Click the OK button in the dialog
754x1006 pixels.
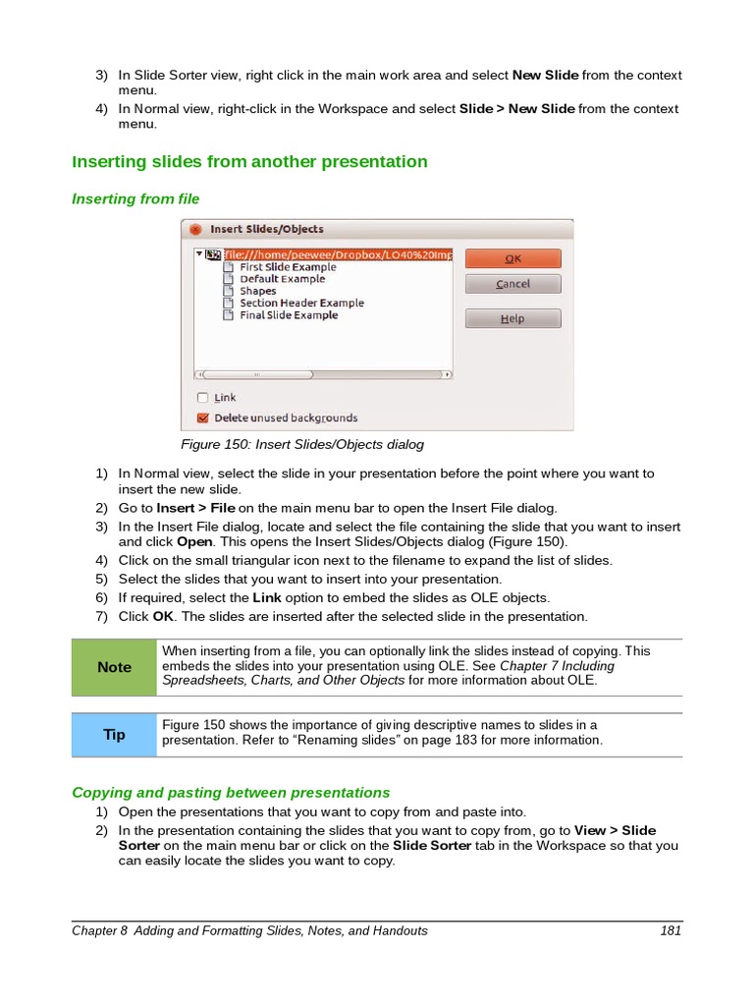pyautogui.click(x=512, y=258)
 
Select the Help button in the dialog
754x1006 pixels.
pyautogui.click(x=512, y=319)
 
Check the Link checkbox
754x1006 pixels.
pyautogui.click(x=203, y=398)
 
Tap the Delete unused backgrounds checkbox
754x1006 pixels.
pyautogui.click(x=203, y=418)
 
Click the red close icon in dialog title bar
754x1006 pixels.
pyautogui.click(x=195, y=229)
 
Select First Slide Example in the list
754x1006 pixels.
pyautogui.click(x=287, y=267)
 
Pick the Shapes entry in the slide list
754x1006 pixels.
pyautogui.click(x=257, y=291)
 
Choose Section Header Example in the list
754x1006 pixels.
pyautogui.click(x=300, y=304)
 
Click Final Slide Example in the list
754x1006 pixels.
pyautogui.click(x=288, y=315)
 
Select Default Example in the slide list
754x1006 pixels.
pyautogui.click(x=281, y=279)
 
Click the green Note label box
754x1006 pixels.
pyautogui.click(x=114, y=667)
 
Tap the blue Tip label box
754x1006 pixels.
pyautogui.click(x=114, y=735)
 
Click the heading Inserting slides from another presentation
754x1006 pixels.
pyautogui.click(x=249, y=161)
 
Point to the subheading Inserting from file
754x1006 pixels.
pyautogui.click(x=135, y=198)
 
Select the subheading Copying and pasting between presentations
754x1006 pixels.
pyautogui.click(x=231, y=792)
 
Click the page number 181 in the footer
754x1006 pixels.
pyautogui.click(x=671, y=930)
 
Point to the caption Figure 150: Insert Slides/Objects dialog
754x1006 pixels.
pyautogui.click(x=302, y=444)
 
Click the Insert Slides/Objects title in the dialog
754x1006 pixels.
pyautogui.click(x=266, y=229)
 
